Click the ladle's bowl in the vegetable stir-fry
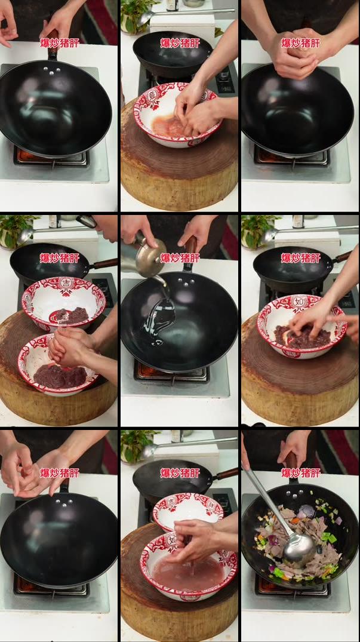coord(299,548)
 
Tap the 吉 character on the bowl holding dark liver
coord(66,283)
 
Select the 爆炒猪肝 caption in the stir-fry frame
coord(301,473)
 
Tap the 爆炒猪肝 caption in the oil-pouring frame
coord(180,258)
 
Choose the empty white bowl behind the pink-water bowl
coord(188,510)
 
